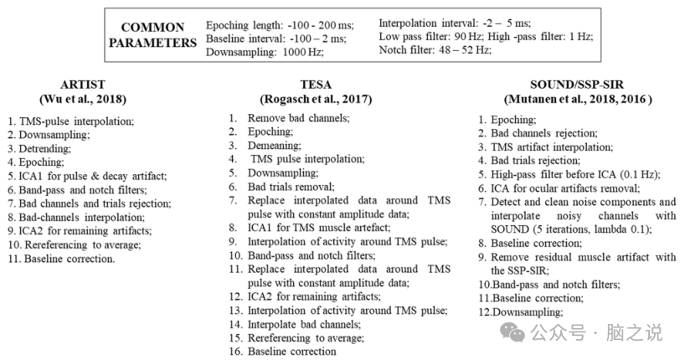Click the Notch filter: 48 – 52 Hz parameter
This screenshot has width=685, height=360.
435,49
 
